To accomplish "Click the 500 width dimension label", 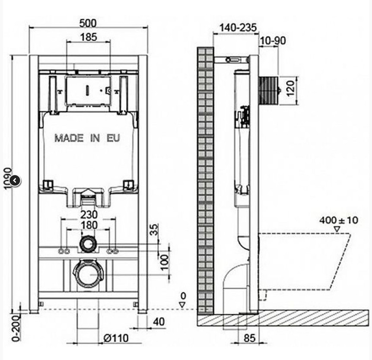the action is [88, 23].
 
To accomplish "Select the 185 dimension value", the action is [89, 37].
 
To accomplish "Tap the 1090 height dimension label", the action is [8, 178].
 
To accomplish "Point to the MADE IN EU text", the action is [87, 138].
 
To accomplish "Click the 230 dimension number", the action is [89, 214].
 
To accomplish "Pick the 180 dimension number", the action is [89, 225].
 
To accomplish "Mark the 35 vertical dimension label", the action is [154, 229].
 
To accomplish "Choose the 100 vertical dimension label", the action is [165, 262].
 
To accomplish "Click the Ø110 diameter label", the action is [116, 338].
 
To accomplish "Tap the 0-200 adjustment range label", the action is [16, 328].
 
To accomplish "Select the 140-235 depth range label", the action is [238, 28].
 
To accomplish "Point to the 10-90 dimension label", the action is [273, 41].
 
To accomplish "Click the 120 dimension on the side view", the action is [290, 88].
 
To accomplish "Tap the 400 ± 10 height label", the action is [339, 220].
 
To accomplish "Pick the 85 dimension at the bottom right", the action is [249, 338].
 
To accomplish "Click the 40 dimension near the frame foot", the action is [159, 322].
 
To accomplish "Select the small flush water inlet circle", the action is [88, 244].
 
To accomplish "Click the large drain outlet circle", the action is [88, 274].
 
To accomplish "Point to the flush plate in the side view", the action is [270, 90].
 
